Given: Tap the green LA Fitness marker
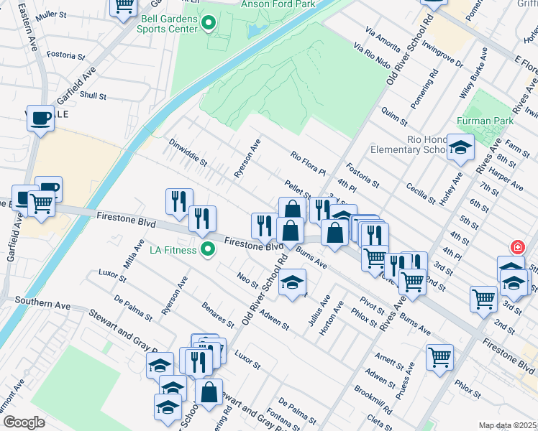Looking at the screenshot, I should (x=208, y=250).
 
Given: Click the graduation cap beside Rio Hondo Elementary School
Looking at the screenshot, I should (x=460, y=148).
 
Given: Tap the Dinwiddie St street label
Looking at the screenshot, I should (x=188, y=152).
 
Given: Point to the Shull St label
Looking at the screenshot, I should (x=94, y=95).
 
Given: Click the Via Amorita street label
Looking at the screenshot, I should (x=383, y=40).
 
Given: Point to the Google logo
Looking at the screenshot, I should (x=23, y=422).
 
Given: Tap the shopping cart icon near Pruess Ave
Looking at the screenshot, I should (x=439, y=357).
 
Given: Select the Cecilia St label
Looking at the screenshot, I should (x=421, y=193).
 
